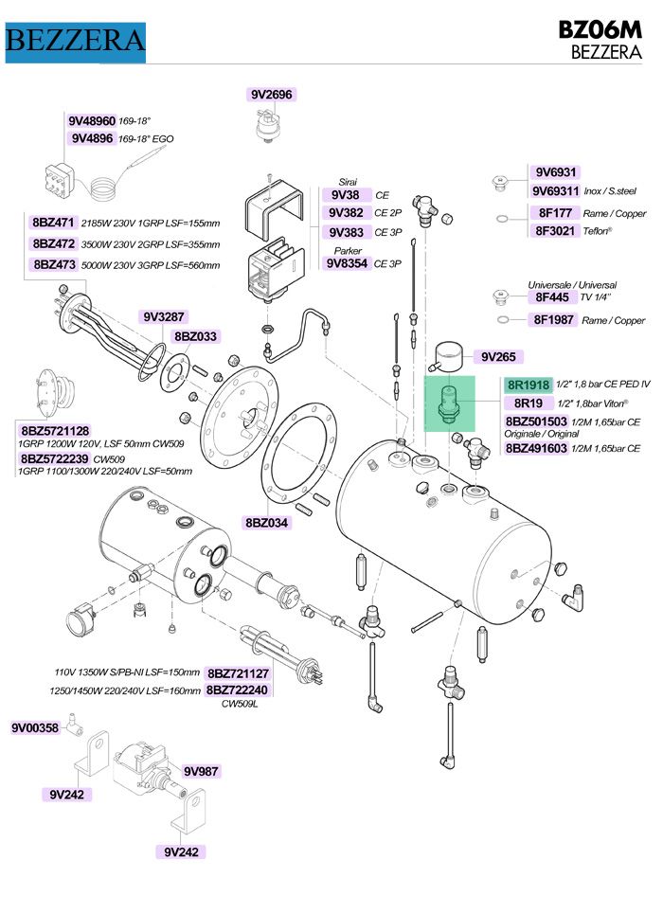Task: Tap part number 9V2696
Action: (272, 94)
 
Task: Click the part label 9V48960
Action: (91, 121)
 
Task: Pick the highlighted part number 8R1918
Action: (528, 385)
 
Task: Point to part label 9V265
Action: (497, 356)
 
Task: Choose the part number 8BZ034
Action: (268, 522)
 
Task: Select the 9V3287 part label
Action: (163, 316)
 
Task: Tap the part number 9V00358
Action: (35, 728)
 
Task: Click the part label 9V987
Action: (201, 771)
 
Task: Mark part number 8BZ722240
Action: (238, 690)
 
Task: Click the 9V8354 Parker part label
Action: (347, 263)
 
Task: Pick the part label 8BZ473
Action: (53, 264)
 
